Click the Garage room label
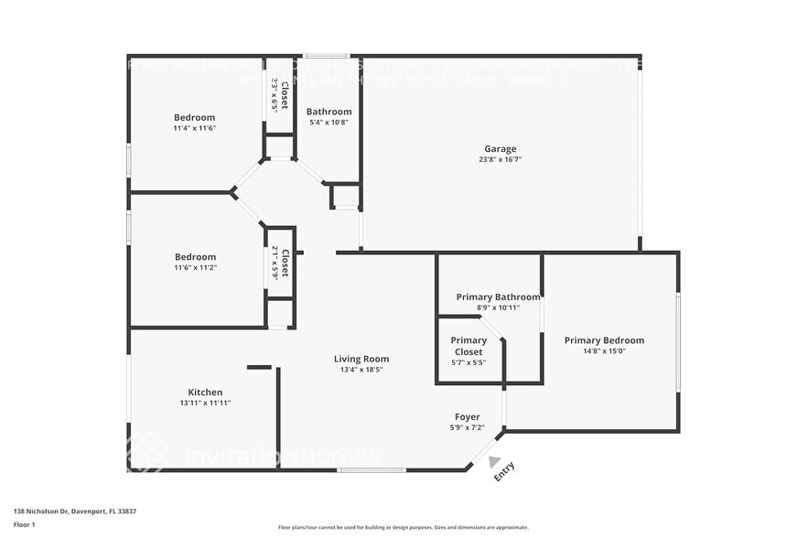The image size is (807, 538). click(500, 148)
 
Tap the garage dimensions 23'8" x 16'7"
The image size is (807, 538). click(500, 159)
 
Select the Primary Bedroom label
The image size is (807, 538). click(604, 339)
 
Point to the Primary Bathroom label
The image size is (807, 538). click(498, 296)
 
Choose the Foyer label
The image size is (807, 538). click(467, 417)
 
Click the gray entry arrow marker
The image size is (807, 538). click(495, 462)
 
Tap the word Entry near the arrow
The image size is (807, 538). click(504, 471)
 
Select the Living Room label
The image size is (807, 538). click(361, 359)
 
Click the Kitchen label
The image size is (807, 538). click(205, 392)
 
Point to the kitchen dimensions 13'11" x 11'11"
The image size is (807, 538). click(205, 403)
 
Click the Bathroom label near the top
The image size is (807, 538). click(328, 112)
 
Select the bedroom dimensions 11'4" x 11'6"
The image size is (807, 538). click(194, 128)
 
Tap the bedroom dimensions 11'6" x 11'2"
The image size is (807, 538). click(195, 267)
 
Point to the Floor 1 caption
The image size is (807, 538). click(24, 524)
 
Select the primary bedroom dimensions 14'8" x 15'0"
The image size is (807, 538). click(604, 350)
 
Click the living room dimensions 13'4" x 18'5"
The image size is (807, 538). click(361, 370)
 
